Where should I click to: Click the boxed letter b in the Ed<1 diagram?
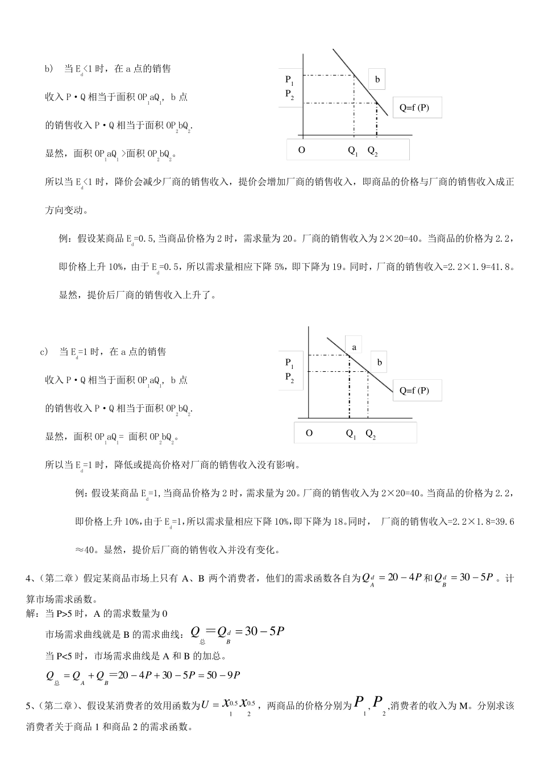(x=377, y=80)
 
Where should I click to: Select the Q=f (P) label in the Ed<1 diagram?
(x=414, y=107)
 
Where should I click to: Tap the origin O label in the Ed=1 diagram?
(x=309, y=433)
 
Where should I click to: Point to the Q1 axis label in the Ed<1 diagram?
(x=353, y=151)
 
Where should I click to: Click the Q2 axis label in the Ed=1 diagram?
(x=371, y=434)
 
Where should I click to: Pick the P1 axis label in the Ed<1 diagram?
(x=289, y=80)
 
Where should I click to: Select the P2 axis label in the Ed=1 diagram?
(x=289, y=377)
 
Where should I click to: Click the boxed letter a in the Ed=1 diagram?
(x=354, y=347)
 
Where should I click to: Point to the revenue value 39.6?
(x=505, y=521)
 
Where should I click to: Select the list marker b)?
(x=49, y=69)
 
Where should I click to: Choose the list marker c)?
(x=44, y=352)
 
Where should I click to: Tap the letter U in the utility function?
(x=206, y=705)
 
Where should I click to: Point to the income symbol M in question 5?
(x=463, y=706)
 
